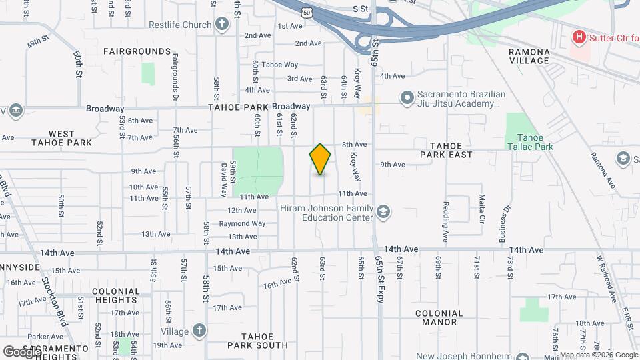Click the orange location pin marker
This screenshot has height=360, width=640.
pos(320,159)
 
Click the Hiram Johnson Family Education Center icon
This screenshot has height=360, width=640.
pos(383,212)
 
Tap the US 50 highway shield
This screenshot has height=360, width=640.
pos(306,12)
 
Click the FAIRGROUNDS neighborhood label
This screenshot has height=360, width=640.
pos(137,51)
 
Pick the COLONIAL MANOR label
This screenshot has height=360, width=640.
pos(439,317)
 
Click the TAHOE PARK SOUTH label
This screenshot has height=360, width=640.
pos(257,341)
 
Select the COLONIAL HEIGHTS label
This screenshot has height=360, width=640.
pos(115,296)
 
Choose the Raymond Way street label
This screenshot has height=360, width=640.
pos(242,223)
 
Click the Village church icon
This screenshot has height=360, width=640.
pos(199,331)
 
